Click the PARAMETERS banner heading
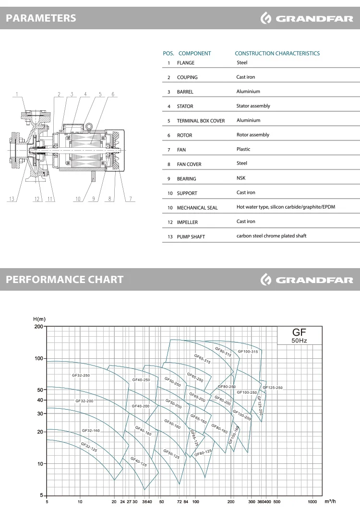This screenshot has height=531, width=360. pyautogui.click(x=41, y=18)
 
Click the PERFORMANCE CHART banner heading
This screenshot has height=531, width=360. pyautogui.click(x=64, y=280)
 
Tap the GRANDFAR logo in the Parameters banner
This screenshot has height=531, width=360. pyautogui.click(x=307, y=19)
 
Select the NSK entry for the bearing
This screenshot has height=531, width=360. pyautogui.click(x=240, y=178)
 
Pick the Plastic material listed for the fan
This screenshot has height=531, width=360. pyautogui.click(x=243, y=149)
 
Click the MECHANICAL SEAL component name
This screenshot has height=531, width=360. pyautogui.click(x=197, y=208)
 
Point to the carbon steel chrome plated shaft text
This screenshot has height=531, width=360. pyautogui.click(x=271, y=236)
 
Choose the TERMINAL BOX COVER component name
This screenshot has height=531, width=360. pyautogui.click(x=201, y=121)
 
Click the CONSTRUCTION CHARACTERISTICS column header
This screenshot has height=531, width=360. pyautogui.click(x=277, y=53)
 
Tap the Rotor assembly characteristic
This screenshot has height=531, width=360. pyautogui.click(x=252, y=135)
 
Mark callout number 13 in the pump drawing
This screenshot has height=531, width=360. pyautogui.click(x=12, y=199)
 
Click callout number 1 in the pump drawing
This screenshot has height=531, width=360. pyautogui.click(x=17, y=94)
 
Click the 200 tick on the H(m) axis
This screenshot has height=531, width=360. pyautogui.click(x=38, y=327)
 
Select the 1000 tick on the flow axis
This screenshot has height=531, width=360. pyautogui.click(x=312, y=502)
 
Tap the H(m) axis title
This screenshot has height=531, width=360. pyautogui.click(x=39, y=319)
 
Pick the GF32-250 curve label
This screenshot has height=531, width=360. pyautogui.click(x=81, y=376)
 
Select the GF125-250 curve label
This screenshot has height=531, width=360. pyautogui.click(x=273, y=388)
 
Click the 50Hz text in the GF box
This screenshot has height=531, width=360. pyautogui.click(x=299, y=341)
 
